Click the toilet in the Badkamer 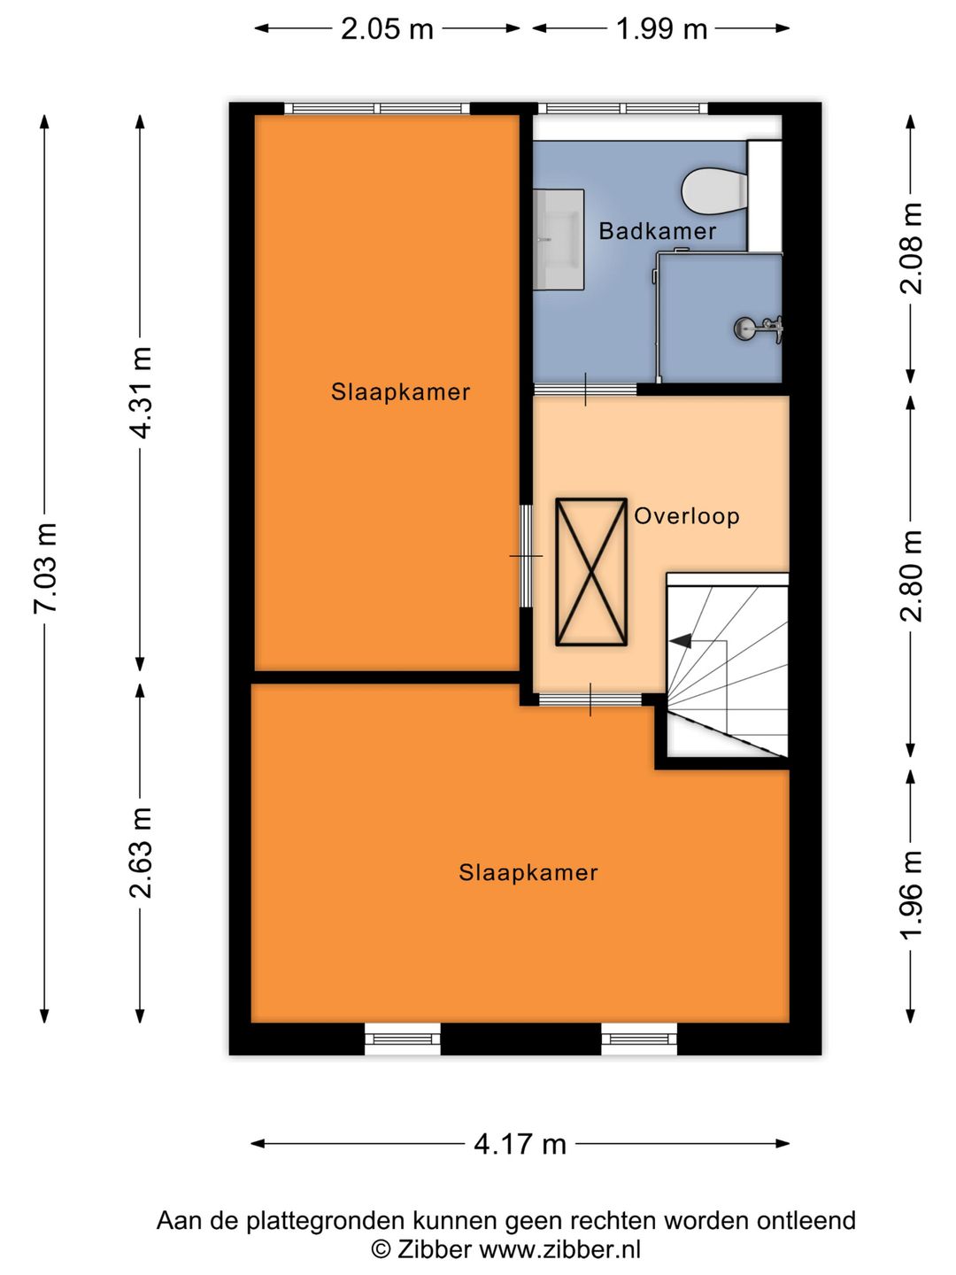tap(714, 190)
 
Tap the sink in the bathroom tap(559, 239)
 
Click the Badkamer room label tap(657, 231)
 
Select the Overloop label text tap(687, 516)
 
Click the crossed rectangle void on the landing tap(591, 572)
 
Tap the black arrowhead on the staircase tap(681, 641)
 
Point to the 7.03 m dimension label tap(44, 568)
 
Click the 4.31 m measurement tap(141, 392)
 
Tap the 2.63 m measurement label tap(141, 853)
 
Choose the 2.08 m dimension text tap(911, 248)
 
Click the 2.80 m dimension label tap(911, 576)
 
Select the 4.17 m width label tap(520, 1144)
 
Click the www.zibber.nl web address tap(559, 1248)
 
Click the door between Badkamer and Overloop tap(585, 390)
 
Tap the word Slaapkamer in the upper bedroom tap(400, 392)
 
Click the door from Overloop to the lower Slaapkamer tap(590, 699)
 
